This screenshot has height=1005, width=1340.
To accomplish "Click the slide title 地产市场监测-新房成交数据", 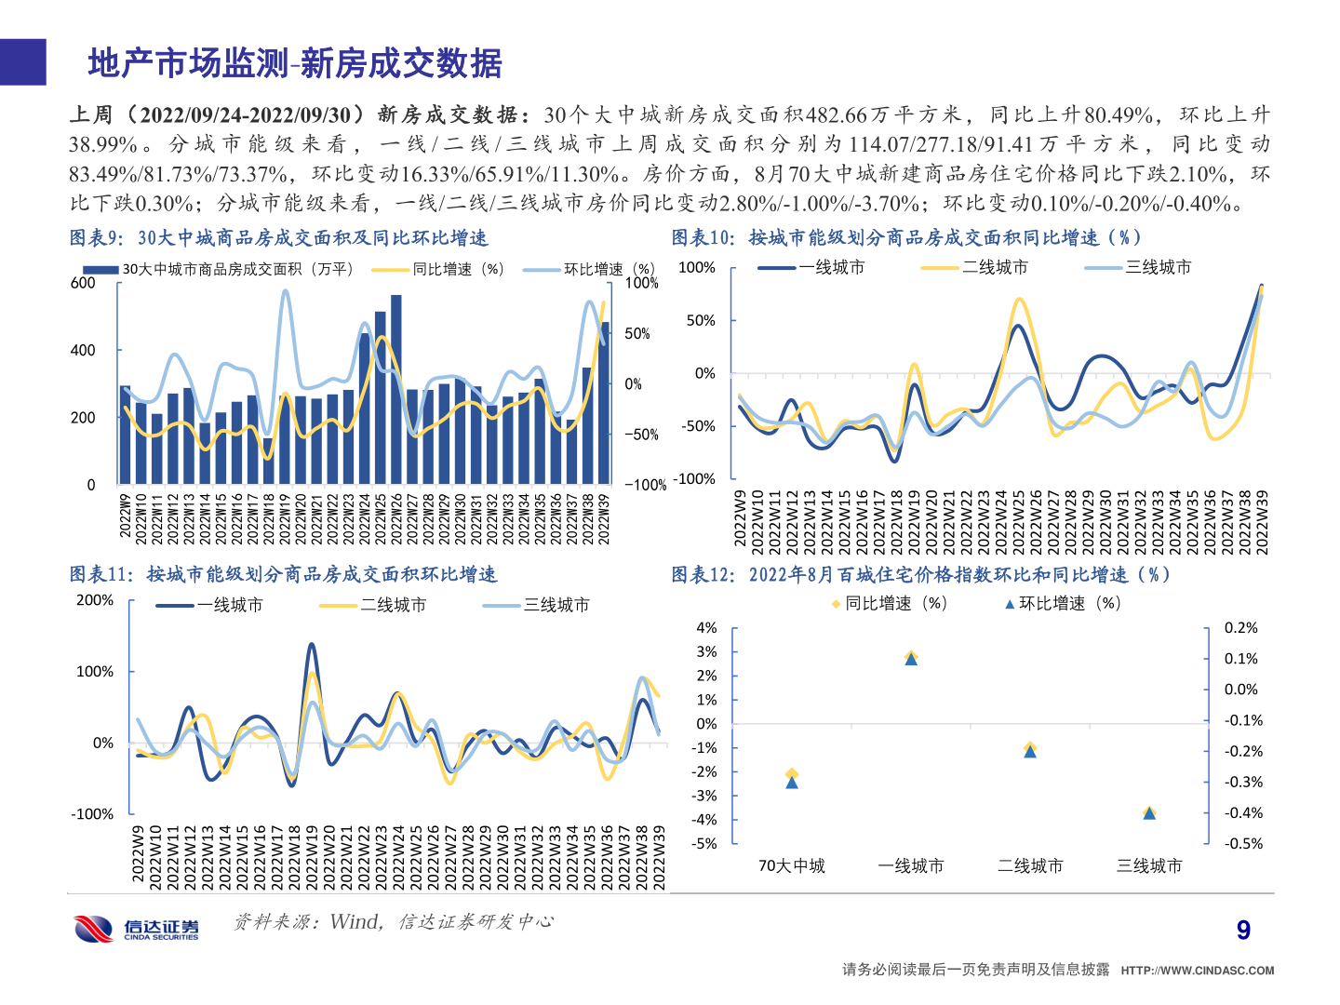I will click(x=295, y=63).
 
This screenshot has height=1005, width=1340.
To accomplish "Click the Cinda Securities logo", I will click(x=137, y=928).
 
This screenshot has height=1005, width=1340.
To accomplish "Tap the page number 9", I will click(x=1243, y=930).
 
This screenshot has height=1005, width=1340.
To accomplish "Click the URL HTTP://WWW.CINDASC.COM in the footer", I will click(x=1197, y=971).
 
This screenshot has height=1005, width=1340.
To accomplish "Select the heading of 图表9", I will click(x=278, y=238).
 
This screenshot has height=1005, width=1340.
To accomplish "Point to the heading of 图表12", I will click(x=920, y=575).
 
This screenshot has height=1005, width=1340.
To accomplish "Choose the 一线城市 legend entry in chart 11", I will click(x=210, y=605).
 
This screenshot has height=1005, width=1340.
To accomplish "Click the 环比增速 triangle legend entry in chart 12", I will click(x=1063, y=603).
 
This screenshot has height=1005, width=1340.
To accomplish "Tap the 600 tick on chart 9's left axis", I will click(x=84, y=283).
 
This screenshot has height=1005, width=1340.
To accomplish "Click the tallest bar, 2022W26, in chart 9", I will click(x=396, y=391).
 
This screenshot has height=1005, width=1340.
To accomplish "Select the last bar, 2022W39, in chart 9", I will click(x=605, y=403).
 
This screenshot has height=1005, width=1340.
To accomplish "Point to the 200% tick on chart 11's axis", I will click(x=94, y=600).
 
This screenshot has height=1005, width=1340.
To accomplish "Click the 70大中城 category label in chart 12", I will click(x=791, y=865).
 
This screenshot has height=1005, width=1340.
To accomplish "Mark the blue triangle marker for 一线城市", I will click(x=911, y=660).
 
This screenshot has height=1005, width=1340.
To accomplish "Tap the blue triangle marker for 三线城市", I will click(x=1149, y=813).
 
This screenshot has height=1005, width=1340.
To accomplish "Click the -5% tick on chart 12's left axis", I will click(x=706, y=843).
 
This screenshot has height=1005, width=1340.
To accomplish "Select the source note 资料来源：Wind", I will click(x=393, y=921).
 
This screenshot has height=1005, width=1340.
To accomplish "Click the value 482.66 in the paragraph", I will click(x=836, y=114).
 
